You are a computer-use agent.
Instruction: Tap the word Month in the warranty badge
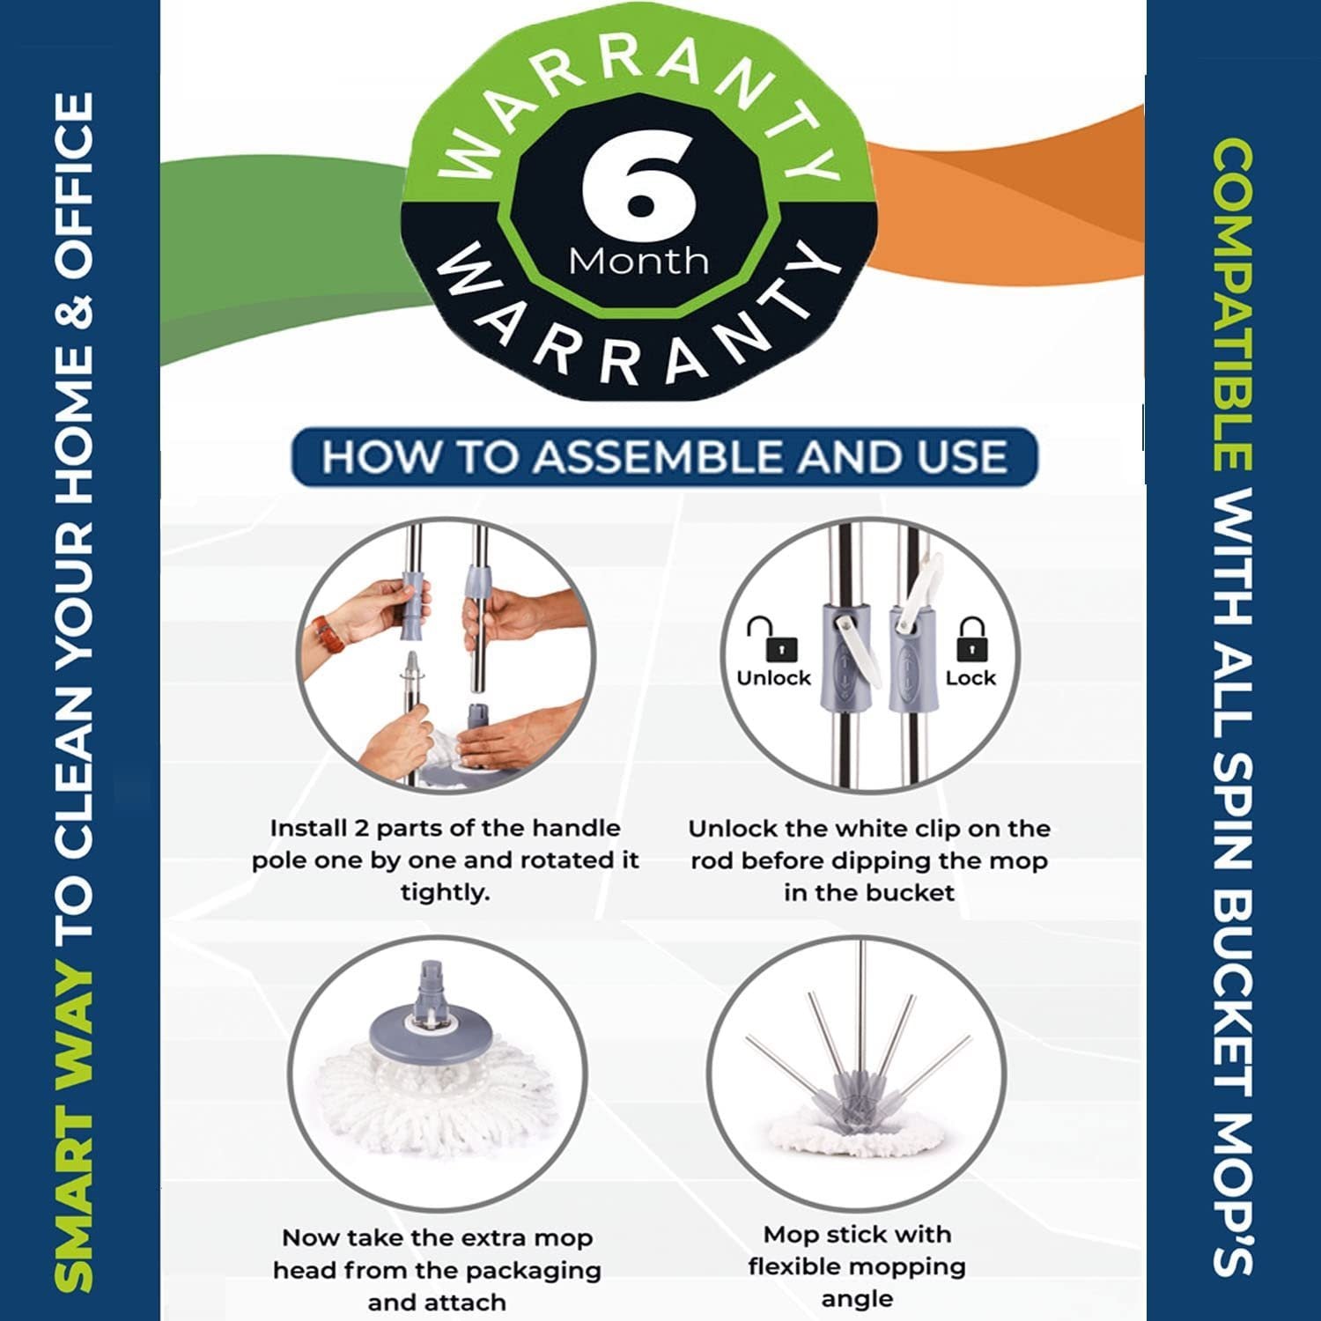638,262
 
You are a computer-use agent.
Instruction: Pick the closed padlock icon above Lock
972,638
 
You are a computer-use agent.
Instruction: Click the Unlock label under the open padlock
774,678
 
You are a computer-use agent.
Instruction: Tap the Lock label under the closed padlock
970,678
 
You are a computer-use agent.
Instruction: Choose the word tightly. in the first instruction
445,893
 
